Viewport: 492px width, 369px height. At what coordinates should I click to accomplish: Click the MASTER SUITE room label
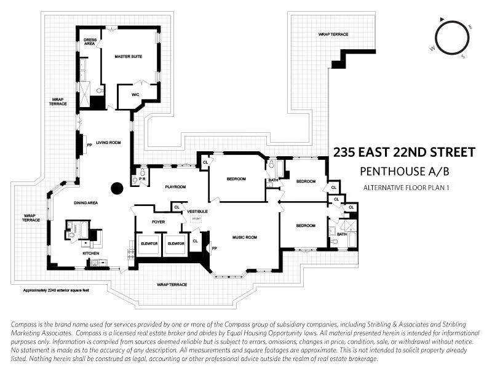129,57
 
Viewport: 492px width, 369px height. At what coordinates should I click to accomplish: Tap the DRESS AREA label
90,42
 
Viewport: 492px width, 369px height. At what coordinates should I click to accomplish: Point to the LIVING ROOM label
108,142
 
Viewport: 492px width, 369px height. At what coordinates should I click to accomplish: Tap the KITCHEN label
91,253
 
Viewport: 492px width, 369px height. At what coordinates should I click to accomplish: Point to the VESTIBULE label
197,212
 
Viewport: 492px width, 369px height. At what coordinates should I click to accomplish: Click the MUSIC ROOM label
244,237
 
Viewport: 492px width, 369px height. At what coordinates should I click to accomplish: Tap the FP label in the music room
215,248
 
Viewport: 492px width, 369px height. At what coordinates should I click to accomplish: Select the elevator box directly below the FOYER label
149,244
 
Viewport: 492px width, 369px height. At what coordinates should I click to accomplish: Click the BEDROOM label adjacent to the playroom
236,179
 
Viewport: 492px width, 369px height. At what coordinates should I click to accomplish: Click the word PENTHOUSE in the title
384,171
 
